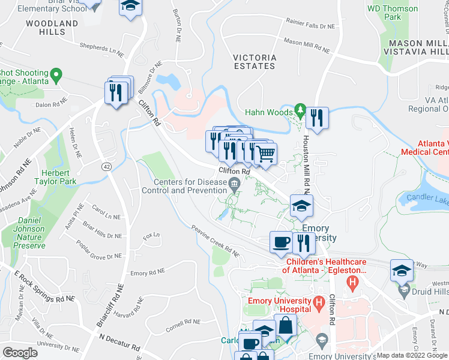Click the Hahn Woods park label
point(268,112)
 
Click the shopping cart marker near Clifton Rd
point(265,153)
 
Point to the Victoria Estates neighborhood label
point(255,61)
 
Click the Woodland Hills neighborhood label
point(52,28)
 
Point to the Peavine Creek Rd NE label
point(215,241)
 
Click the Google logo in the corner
point(20,353)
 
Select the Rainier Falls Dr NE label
point(310,26)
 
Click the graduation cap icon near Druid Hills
point(401,270)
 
